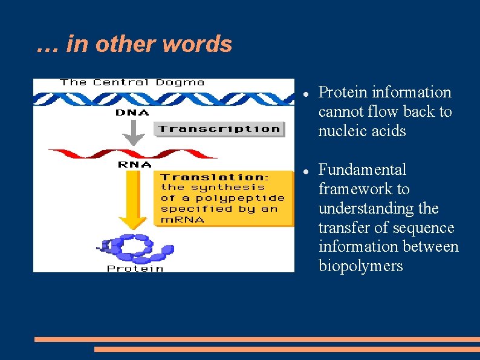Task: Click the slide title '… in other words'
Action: click(x=134, y=44)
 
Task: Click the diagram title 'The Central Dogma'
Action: click(x=132, y=83)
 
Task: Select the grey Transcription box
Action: click(x=219, y=129)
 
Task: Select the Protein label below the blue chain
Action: click(x=135, y=268)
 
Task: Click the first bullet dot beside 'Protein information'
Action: click(x=307, y=93)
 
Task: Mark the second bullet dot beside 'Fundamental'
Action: click(x=307, y=171)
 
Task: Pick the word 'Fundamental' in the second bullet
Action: click(x=362, y=170)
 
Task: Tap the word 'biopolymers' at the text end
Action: click(x=360, y=267)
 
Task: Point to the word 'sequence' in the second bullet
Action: click(x=423, y=228)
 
